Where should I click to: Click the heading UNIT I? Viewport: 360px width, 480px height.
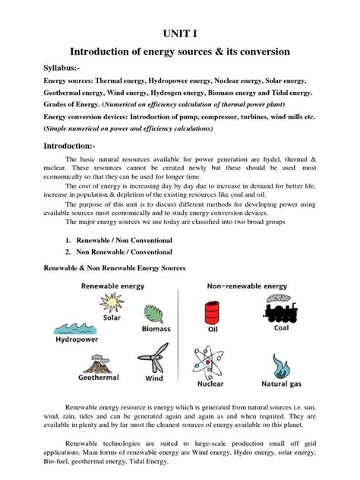[x=181, y=34]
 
